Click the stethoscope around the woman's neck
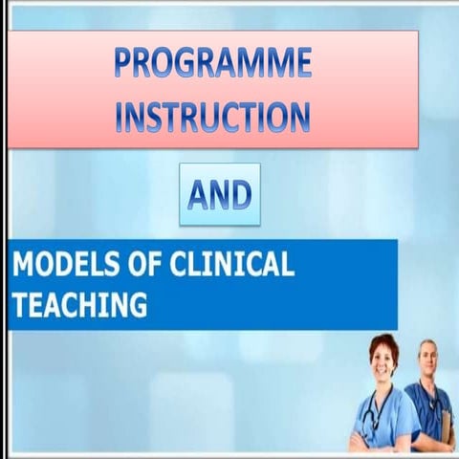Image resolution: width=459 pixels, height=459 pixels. point(376,406)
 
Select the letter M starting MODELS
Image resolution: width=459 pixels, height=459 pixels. point(24,265)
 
